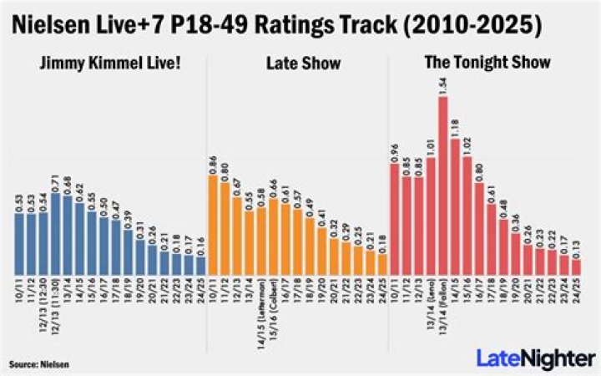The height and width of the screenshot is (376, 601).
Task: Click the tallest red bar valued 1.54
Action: click(443, 184)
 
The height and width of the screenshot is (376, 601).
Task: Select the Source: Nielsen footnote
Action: click(39, 365)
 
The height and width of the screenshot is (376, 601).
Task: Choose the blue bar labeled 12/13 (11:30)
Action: click(56, 233)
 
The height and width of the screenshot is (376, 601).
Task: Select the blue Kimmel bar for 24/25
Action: click(200, 265)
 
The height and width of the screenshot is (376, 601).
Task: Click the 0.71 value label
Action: click(56, 183)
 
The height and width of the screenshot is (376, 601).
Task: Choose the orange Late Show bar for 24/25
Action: click(382, 263)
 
